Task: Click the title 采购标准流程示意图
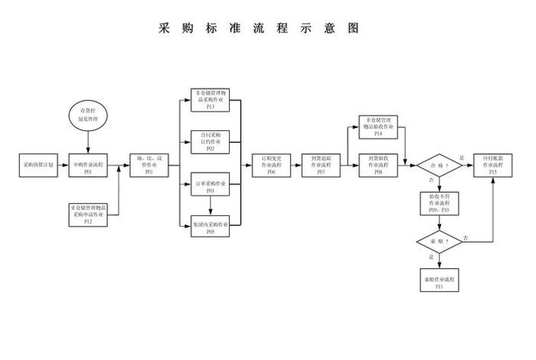tap(258, 28)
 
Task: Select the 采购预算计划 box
tap(38, 165)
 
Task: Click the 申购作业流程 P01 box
tap(88, 165)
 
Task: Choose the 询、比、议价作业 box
tap(147, 165)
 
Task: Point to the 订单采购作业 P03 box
tap(211, 186)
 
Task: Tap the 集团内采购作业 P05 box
tap(211, 227)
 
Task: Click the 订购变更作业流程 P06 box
tap(272, 165)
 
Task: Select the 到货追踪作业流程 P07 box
tap(320, 165)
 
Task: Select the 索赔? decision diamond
tap(439, 241)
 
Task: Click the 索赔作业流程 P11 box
tap(439, 280)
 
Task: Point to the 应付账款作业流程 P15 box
tap(492, 165)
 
